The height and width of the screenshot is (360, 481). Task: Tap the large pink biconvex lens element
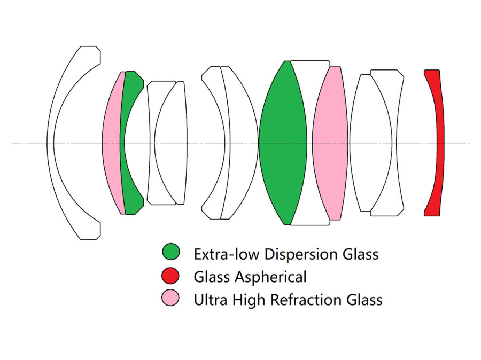point(330,143)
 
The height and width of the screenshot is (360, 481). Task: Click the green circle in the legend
point(171,252)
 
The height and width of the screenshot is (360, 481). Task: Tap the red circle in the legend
point(171,276)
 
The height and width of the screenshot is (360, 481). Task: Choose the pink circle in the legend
point(171,299)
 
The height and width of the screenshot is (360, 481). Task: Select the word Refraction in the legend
point(307,300)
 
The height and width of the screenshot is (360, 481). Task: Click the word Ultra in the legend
point(210,300)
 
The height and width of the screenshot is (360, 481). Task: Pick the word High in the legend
point(250,300)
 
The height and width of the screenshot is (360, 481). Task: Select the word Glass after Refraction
point(364,300)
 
